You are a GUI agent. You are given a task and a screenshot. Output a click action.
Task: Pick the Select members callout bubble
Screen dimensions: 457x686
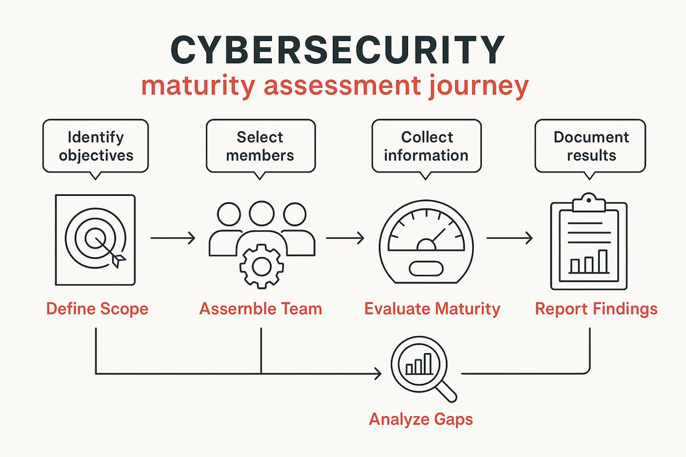click(260, 146)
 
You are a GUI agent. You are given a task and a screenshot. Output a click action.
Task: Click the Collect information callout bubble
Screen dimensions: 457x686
click(426, 146)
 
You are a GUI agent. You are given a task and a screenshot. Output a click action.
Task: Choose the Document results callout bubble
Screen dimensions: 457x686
click(591, 146)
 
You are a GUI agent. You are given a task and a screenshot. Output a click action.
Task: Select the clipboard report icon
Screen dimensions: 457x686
click(588, 243)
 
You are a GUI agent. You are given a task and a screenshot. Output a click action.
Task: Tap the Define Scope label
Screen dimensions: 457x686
click(97, 309)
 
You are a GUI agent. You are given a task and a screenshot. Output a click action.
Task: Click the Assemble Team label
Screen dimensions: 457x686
click(261, 309)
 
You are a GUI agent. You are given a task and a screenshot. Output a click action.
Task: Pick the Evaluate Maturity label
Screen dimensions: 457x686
click(432, 309)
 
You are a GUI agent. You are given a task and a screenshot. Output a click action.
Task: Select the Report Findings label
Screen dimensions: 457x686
click(596, 309)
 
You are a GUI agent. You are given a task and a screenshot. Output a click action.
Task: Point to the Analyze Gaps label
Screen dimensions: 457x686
click(421, 419)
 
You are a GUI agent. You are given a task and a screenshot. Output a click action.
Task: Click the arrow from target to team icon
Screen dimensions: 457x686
click(172, 237)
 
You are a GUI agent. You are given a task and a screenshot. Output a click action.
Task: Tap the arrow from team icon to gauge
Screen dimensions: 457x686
click(344, 237)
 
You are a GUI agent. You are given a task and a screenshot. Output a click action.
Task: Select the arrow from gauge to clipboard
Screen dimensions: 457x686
click(509, 237)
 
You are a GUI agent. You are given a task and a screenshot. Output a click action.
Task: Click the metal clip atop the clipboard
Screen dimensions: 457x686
click(588, 202)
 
